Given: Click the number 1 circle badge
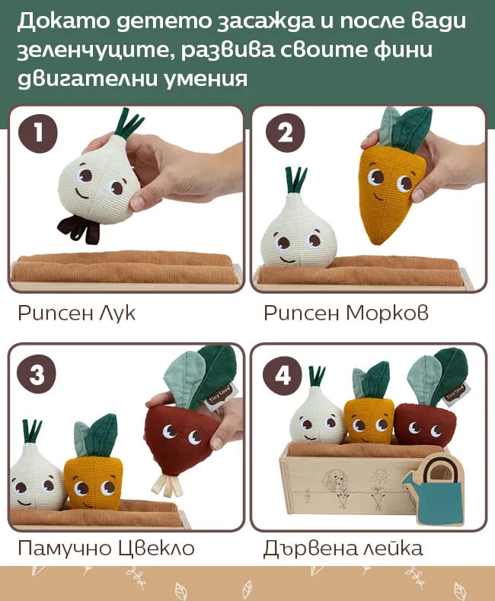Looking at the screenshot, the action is coord(38,133).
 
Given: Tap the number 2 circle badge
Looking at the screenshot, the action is coord(285,133).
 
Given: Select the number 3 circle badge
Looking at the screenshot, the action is coord(37,374).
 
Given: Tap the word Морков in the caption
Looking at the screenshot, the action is coord(387,313).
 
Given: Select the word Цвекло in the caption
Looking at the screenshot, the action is coord(156,548).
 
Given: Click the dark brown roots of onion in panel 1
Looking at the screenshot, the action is coord(79,229).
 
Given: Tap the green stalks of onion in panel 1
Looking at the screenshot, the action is coord(129,123).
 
